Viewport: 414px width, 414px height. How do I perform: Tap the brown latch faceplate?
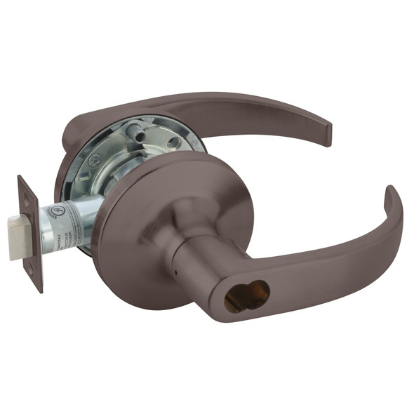click(31, 232)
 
